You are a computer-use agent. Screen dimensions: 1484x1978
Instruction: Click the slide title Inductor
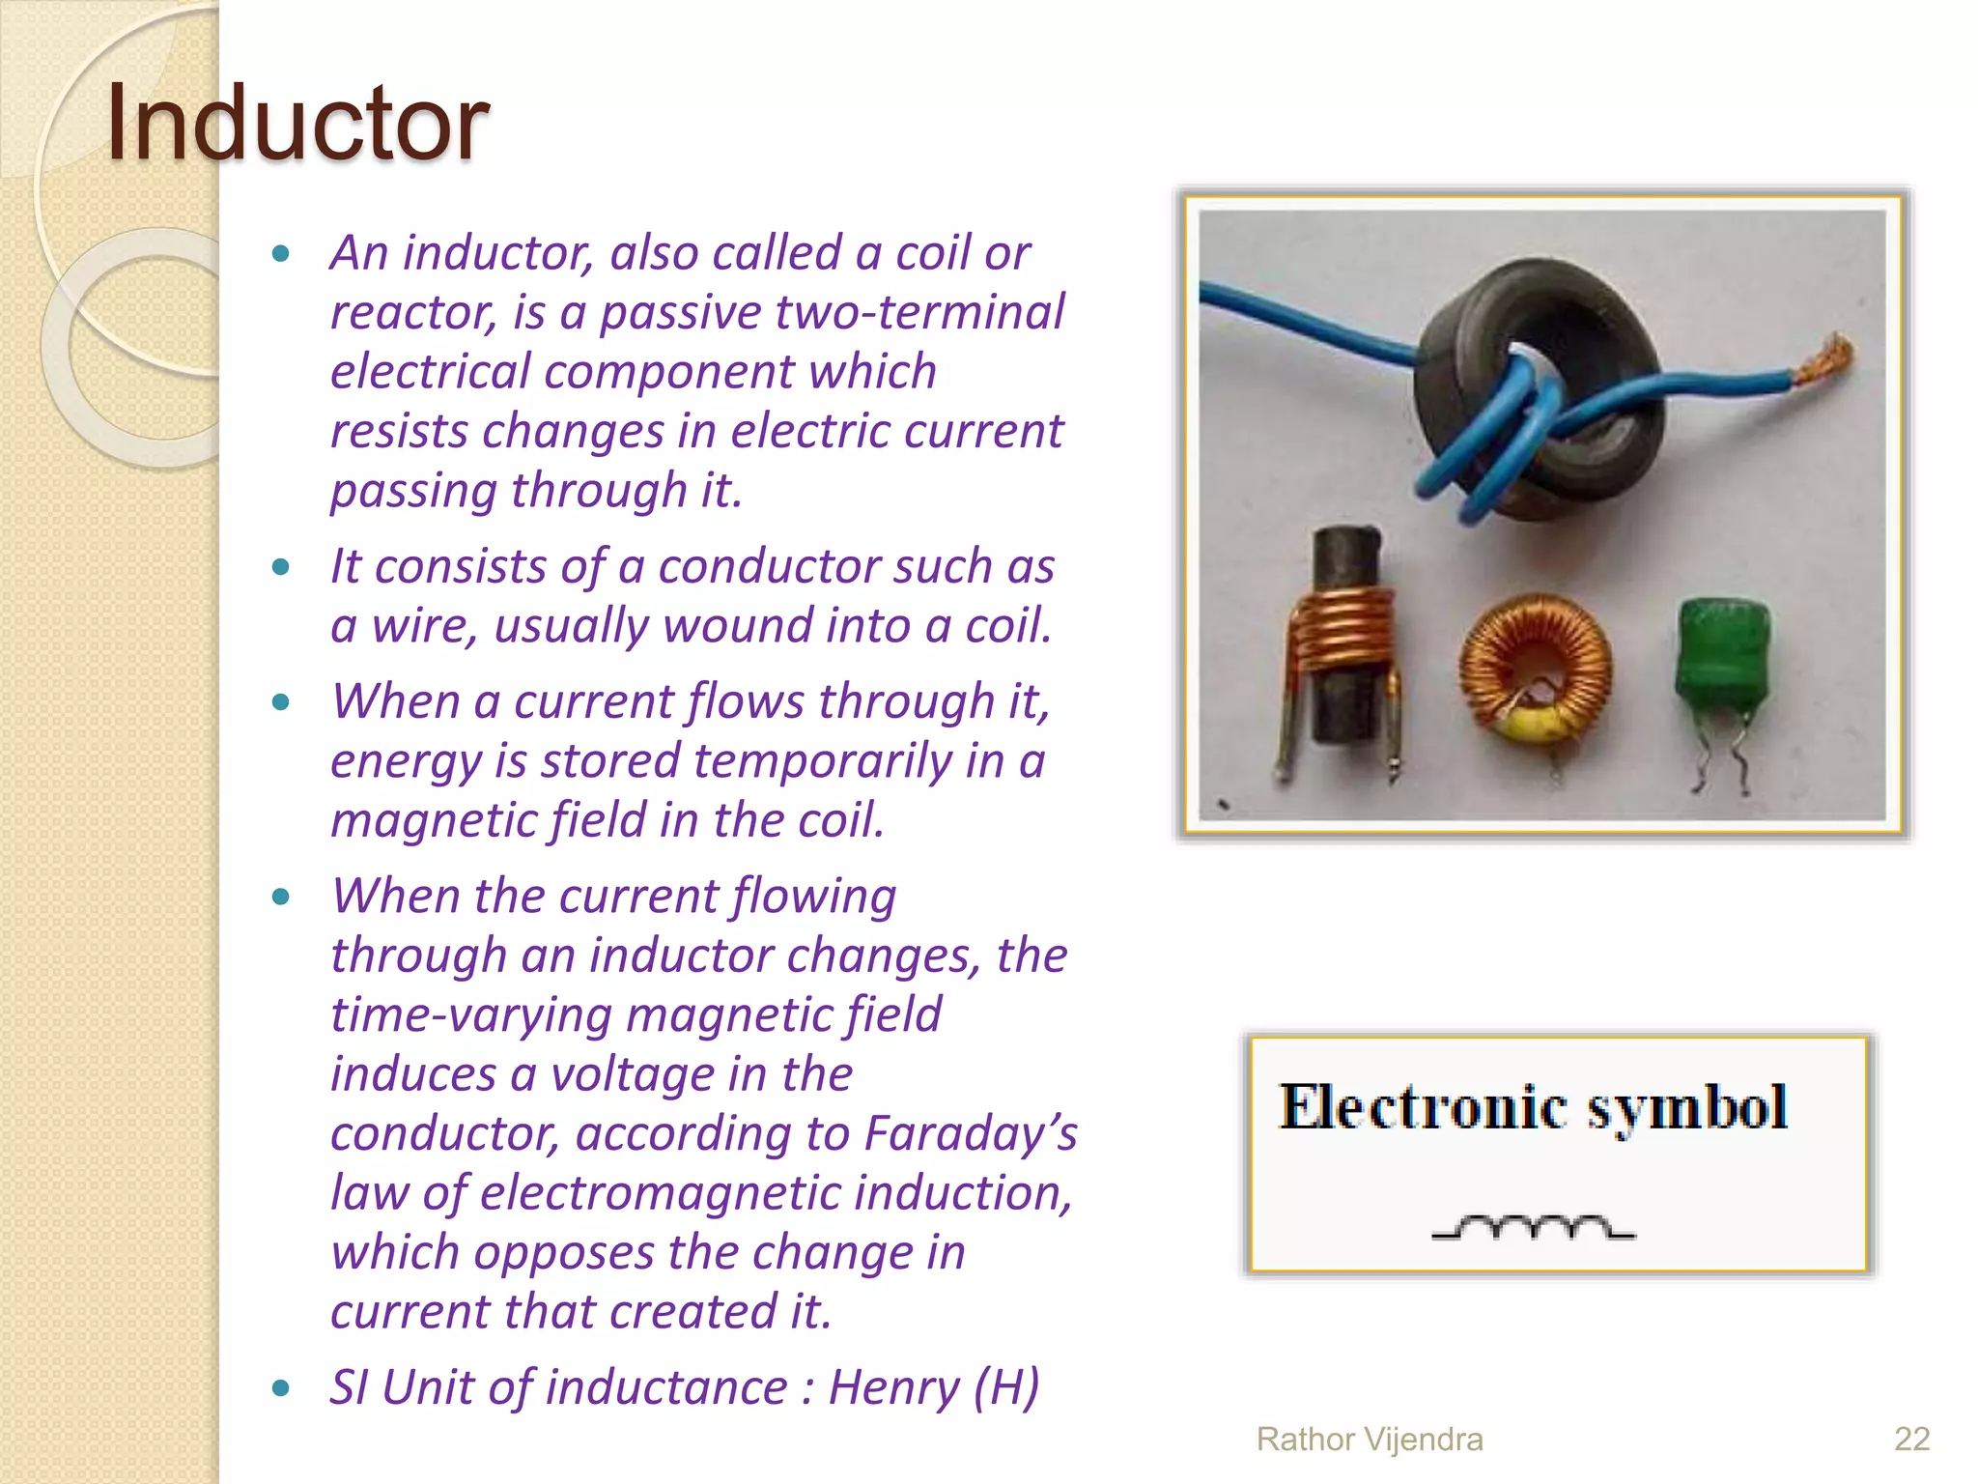point(297,124)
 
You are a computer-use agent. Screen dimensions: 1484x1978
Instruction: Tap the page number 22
point(1911,1439)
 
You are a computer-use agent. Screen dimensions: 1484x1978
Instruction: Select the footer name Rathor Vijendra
point(1369,1439)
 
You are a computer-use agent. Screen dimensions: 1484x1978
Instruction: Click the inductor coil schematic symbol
point(1533,1228)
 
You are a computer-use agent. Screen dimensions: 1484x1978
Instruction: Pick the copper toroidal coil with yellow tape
point(1535,671)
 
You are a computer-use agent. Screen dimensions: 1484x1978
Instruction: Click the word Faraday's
point(971,1133)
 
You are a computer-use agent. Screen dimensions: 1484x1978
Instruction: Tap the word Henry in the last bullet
point(893,1387)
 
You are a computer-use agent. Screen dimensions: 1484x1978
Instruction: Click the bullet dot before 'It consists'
point(281,567)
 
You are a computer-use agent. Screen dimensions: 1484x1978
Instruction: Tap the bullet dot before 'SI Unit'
point(281,1389)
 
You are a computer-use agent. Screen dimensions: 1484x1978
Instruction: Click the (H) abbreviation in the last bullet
point(1005,1387)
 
